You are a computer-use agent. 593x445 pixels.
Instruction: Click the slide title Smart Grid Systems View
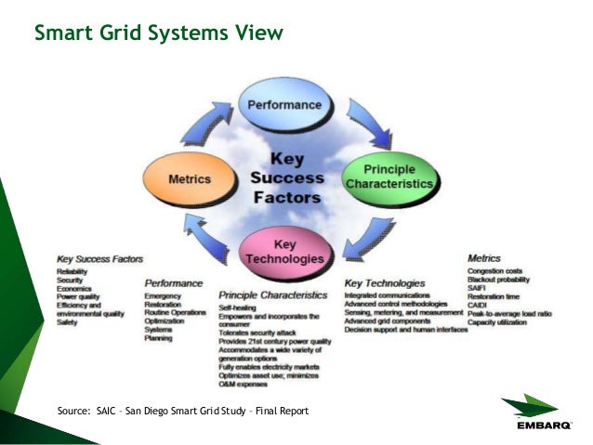point(158,34)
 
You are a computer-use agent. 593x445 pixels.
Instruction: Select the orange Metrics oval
point(189,177)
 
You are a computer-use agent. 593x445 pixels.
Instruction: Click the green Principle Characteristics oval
point(389,177)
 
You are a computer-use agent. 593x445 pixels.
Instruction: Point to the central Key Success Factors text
point(288,177)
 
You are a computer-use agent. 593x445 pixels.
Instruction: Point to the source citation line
point(182,411)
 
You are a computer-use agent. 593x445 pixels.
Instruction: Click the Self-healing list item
point(240,306)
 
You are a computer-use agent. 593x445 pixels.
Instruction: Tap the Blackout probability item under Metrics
point(499,280)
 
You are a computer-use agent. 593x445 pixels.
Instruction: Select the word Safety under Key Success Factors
point(68,322)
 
